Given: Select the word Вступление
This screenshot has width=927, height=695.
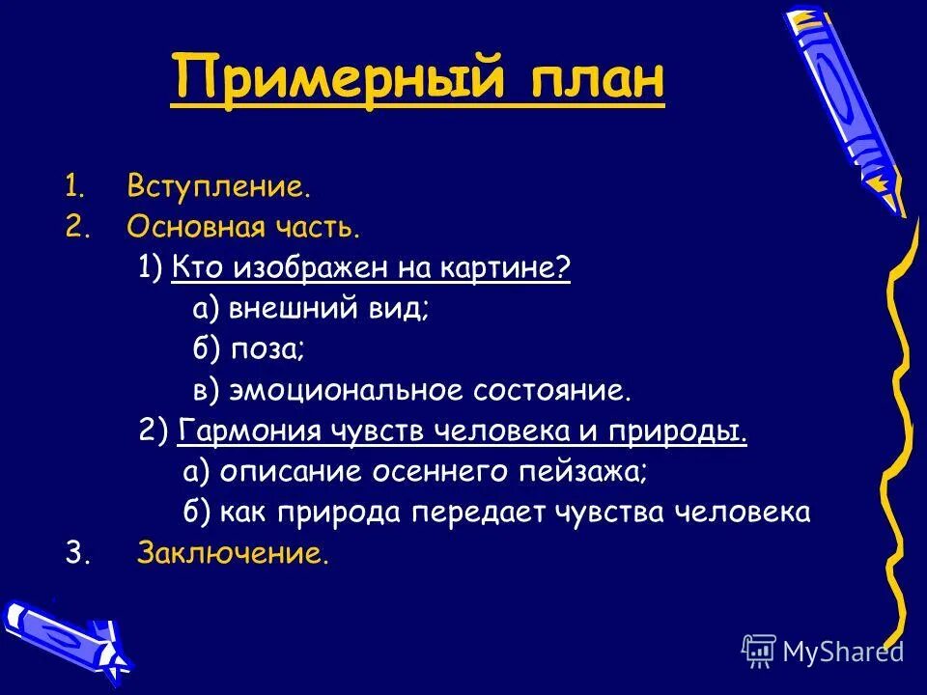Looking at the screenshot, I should (218, 186).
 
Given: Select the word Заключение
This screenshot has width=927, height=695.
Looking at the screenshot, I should (233, 554).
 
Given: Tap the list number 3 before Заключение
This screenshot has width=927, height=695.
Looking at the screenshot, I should (73, 554).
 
